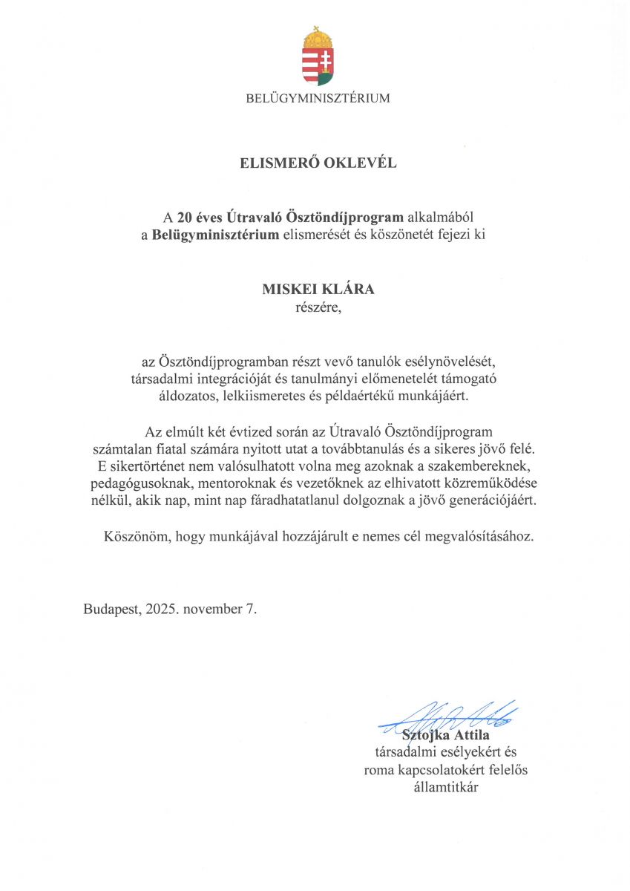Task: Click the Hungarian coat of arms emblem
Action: tap(318, 57)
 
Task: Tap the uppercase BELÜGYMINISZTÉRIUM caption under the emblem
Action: tap(318, 98)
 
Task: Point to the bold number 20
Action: tap(185, 217)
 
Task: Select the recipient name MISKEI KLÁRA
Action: tap(318, 290)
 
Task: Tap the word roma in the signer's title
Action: tap(381, 770)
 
